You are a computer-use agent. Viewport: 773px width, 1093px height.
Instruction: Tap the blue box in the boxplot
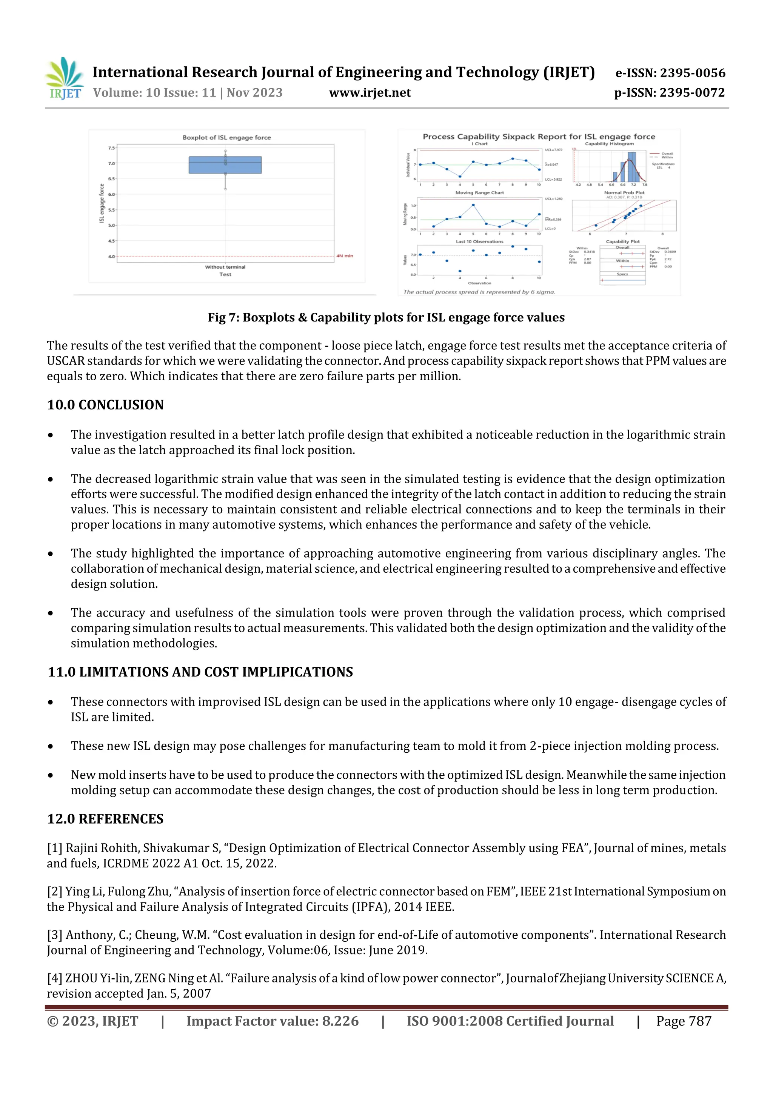point(225,165)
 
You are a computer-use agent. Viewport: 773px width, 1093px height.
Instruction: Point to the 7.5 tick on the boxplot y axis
point(111,148)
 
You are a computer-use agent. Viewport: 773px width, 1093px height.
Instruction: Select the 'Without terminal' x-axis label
point(225,267)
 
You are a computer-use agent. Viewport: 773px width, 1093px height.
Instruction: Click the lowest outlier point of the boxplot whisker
point(225,189)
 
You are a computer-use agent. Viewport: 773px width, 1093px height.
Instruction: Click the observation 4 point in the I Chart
point(460,177)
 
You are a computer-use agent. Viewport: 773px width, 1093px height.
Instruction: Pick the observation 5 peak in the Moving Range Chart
point(473,205)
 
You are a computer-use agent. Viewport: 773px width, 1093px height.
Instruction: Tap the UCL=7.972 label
point(553,150)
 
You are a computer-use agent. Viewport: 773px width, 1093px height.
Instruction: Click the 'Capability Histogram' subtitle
point(609,144)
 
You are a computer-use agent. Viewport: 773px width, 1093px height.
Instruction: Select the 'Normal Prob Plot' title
point(624,193)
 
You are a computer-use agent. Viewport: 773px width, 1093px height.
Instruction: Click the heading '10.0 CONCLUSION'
point(105,405)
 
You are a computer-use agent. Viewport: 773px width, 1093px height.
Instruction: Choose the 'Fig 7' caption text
point(386,318)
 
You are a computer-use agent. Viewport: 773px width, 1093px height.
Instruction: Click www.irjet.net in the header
point(370,93)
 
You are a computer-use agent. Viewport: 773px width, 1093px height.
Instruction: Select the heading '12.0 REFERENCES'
point(105,819)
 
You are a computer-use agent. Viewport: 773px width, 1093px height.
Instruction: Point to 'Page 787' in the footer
point(684,1021)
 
